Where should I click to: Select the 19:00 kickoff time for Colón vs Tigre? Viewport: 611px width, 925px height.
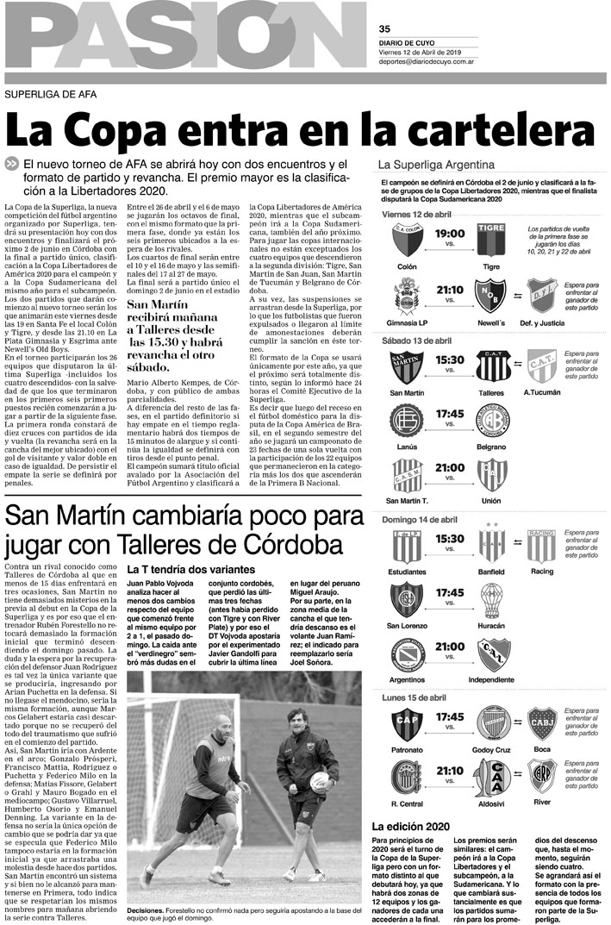click(450, 234)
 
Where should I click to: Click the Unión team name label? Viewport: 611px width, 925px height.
click(492, 501)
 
